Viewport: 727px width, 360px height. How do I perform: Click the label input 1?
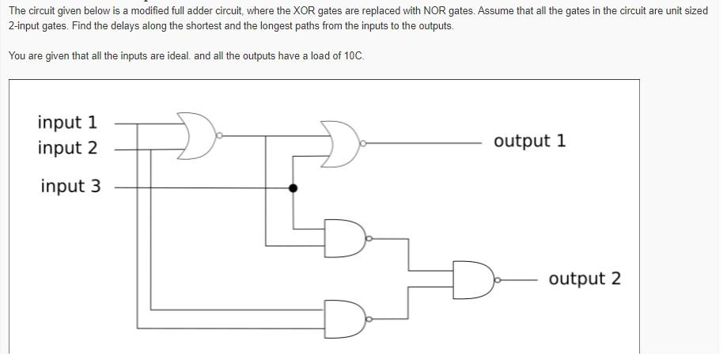(67, 123)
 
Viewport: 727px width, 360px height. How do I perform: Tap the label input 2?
(67, 148)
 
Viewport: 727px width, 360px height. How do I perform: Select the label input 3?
(70, 187)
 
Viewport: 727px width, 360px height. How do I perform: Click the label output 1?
(529, 142)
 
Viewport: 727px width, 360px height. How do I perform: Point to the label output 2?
(585, 279)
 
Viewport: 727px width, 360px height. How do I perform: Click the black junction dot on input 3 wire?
(293, 188)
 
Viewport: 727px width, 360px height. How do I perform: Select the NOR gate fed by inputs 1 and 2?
(198, 136)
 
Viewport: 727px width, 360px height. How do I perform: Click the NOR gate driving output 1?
(339, 144)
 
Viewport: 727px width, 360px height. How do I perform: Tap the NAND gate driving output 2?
(472, 279)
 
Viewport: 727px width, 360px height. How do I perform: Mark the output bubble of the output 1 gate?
(362, 144)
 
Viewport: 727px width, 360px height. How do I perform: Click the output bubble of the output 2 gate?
(496, 279)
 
